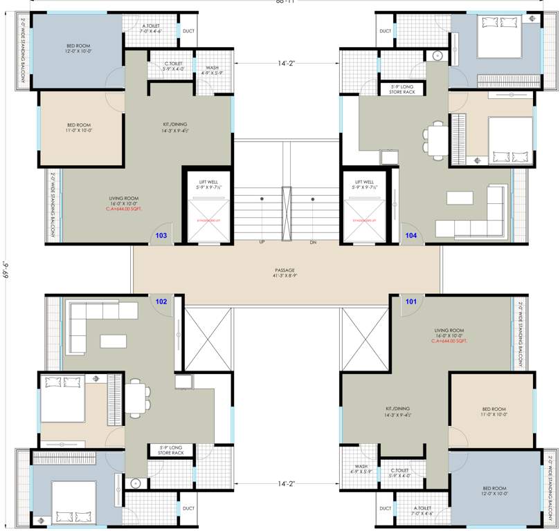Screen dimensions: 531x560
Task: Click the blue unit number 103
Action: click(161, 235)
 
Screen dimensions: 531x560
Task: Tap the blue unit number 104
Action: click(411, 235)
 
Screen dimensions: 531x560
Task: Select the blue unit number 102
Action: click(161, 301)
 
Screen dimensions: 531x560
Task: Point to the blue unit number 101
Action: click(411, 301)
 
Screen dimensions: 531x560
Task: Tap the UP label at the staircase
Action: click(262, 242)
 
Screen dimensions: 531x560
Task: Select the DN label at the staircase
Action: click(313, 242)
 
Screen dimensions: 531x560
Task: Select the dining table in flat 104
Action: click(437, 140)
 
